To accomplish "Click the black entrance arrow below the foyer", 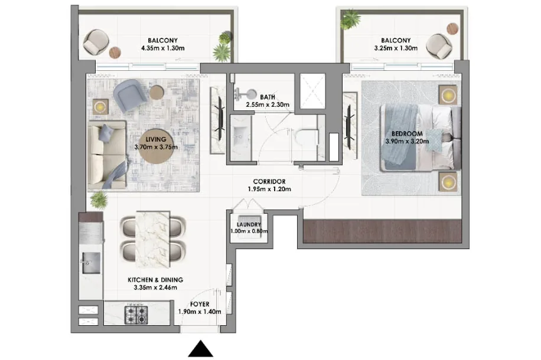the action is tap(200, 349).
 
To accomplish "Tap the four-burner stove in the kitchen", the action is tap(136, 315).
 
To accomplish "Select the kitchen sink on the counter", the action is tap(91, 263).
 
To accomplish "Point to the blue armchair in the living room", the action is tap(130, 95).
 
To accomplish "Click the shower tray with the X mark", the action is tap(312, 91).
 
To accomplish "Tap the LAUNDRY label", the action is tap(249, 224).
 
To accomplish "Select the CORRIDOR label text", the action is tap(269, 181).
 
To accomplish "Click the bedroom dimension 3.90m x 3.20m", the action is tap(407, 141).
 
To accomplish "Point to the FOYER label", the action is tap(200, 304).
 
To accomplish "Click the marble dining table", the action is tap(152, 239).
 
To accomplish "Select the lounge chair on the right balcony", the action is tap(438, 45).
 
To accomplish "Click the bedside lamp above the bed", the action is tap(448, 94).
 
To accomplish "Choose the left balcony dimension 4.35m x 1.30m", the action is tap(163, 48).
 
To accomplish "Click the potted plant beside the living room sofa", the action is tap(99, 200).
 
